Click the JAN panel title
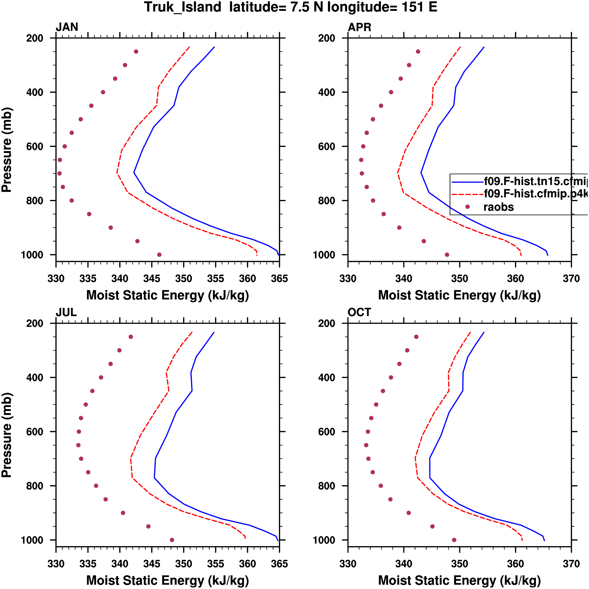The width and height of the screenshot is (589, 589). [x=67, y=27]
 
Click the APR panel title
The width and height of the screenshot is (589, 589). [x=359, y=27]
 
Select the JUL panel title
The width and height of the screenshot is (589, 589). [x=66, y=312]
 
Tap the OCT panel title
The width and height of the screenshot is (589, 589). [x=359, y=312]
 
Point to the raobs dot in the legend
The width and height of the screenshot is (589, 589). [x=467, y=207]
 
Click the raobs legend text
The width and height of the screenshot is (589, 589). [x=498, y=207]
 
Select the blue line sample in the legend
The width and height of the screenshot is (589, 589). [x=467, y=182]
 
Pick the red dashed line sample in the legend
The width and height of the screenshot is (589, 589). [x=467, y=194]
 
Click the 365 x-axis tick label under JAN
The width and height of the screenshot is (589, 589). [x=279, y=279]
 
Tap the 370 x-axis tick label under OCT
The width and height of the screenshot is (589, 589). [x=571, y=564]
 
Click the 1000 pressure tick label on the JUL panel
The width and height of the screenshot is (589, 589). [x=32, y=540]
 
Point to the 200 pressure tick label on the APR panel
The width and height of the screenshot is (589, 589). [x=326, y=38]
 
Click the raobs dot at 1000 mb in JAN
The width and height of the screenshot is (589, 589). [x=159, y=255]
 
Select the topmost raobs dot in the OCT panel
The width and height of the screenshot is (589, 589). [x=416, y=337]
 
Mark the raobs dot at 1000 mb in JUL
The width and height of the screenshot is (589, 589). [x=172, y=540]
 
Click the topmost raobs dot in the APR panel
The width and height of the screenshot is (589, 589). [x=418, y=52]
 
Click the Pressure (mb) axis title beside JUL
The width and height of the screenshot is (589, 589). [x=7, y=435]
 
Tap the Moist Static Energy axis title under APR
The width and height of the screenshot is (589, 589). [x=459, y=295]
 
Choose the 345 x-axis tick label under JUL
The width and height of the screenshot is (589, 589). [x=152, y=564]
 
